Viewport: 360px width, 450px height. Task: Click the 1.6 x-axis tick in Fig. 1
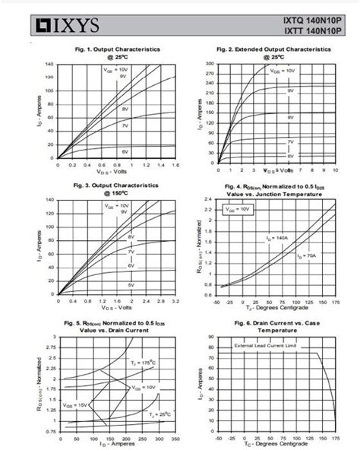175,165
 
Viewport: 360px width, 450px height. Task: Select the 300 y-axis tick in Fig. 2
211,64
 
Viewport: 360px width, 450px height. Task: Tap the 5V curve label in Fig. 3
130,284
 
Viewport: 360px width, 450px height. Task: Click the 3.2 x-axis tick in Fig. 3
175,301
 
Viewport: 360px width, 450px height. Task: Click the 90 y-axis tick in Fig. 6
212,336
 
